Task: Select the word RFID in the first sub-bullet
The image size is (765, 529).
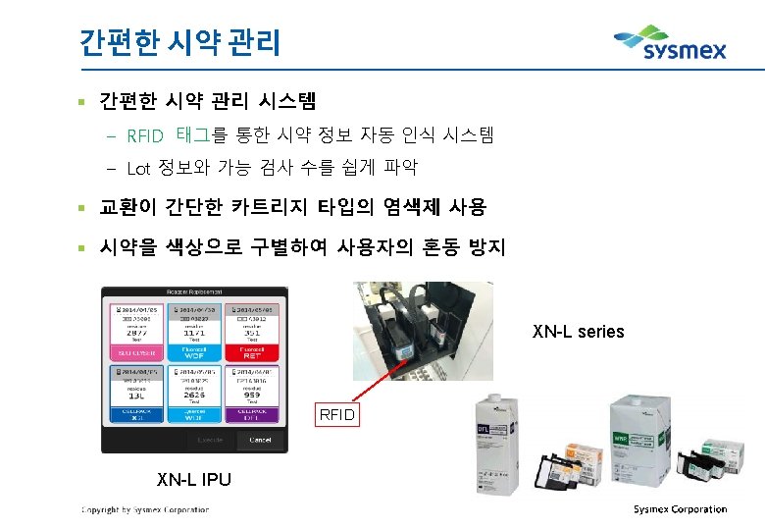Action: tap(145, 135)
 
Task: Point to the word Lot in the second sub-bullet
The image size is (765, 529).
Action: tap(138, 168)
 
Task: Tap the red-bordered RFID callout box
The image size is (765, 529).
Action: tap(337, 415)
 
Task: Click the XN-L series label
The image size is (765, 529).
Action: tap(578, 332)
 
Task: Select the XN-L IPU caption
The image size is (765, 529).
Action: tap(194, 480)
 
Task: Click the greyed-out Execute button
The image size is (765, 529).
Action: tap(209, 440)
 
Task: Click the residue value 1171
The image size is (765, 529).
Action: tap(194, 334)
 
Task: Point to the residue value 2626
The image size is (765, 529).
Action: tap(194, 396)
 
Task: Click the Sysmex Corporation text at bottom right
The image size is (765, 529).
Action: tap(680, 509)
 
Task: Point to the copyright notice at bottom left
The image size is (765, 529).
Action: tap(144, 510)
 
